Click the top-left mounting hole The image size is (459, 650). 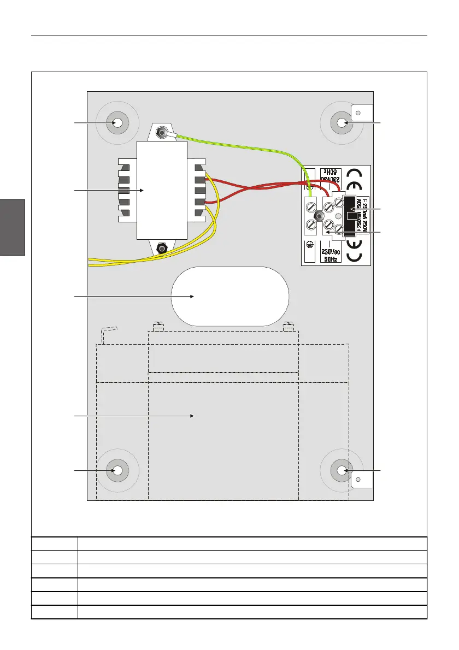coord(117,123)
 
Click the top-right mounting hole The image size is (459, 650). coord(342,123)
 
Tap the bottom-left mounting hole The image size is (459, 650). coord(117,470)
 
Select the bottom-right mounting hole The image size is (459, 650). coord(342,470)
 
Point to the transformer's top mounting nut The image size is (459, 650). coord(162,132)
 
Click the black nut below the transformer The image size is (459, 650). coord(162,247)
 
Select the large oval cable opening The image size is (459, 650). coord(229,296)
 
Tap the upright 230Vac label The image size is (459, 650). coord(331,251)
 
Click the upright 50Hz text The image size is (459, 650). coord(331,259)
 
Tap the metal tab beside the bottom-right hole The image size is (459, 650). coord(361,480)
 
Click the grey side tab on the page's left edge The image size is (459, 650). coord(13,227)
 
